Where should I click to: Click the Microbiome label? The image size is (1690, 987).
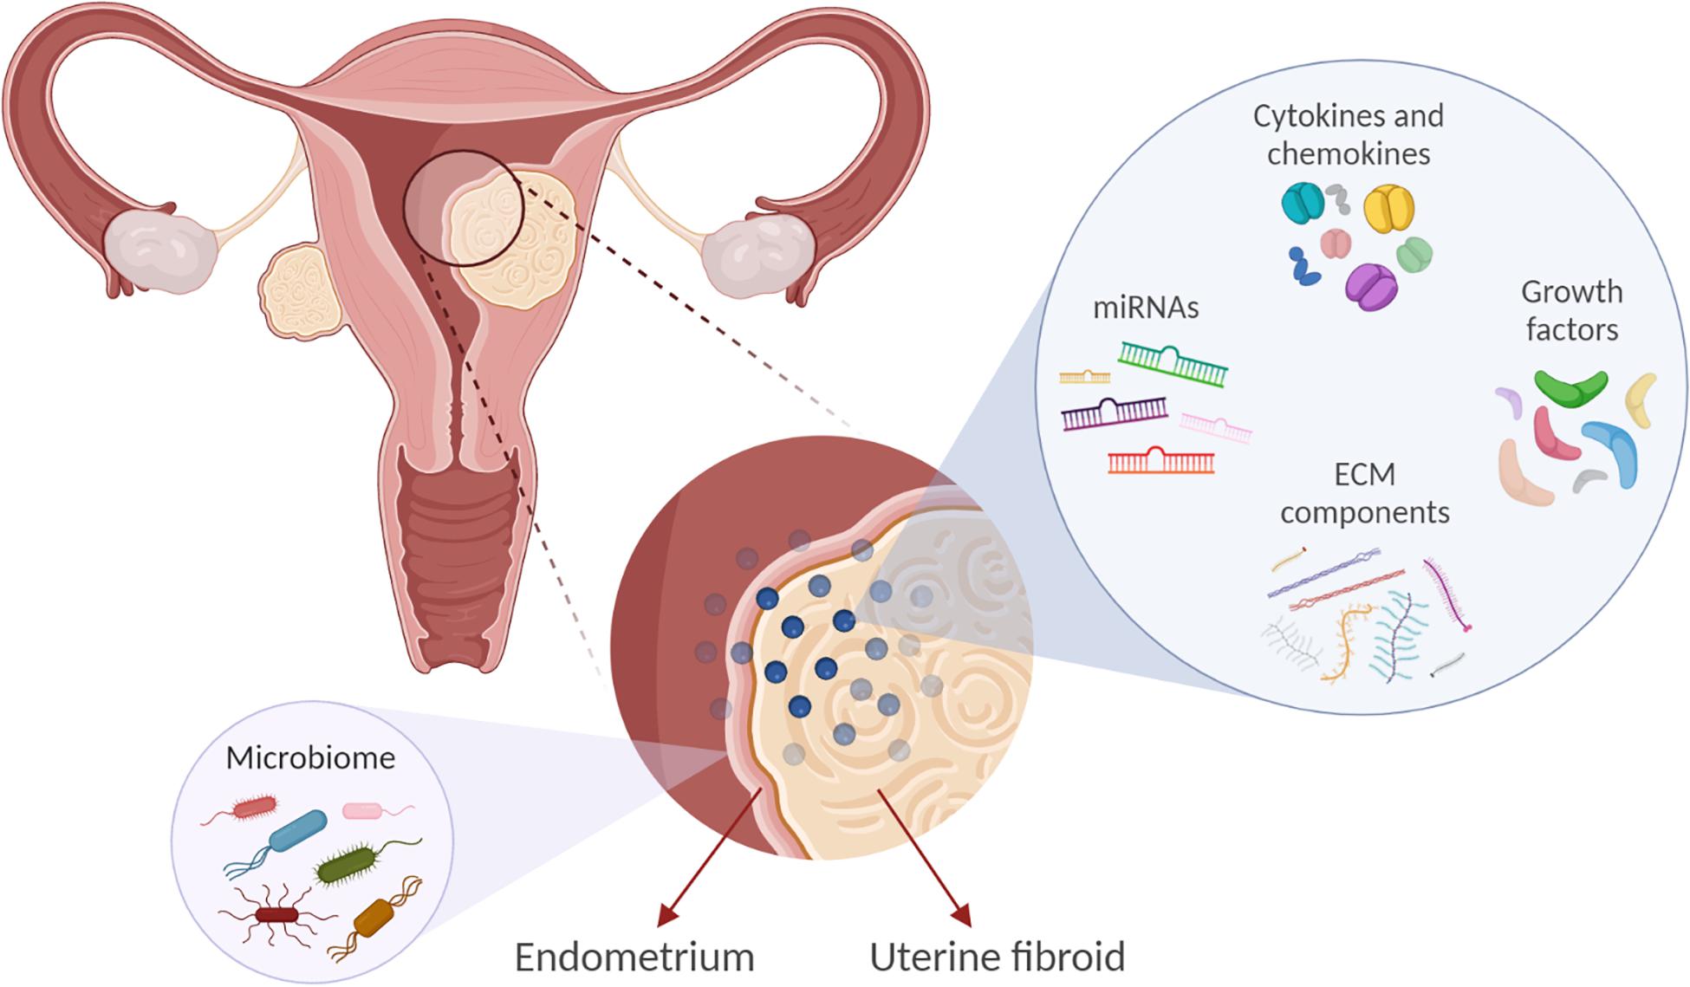point(310,757)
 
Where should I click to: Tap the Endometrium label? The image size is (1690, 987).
point(634,957)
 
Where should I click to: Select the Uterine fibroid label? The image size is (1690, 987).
point(997,957)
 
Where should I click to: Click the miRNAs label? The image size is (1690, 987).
point(1145,308)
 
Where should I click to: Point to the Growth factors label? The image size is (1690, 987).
point(1571,310)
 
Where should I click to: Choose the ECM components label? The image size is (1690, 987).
point(1364,493)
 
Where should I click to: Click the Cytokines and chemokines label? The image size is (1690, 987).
point(1348,134)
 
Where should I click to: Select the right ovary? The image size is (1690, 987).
point(755,250)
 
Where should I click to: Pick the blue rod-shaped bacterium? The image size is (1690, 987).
point(297,830)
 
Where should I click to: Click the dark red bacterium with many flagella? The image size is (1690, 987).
point(276,914)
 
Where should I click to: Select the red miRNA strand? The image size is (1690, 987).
point(1160,461)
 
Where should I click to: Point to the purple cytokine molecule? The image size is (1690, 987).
point(1370,286)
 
